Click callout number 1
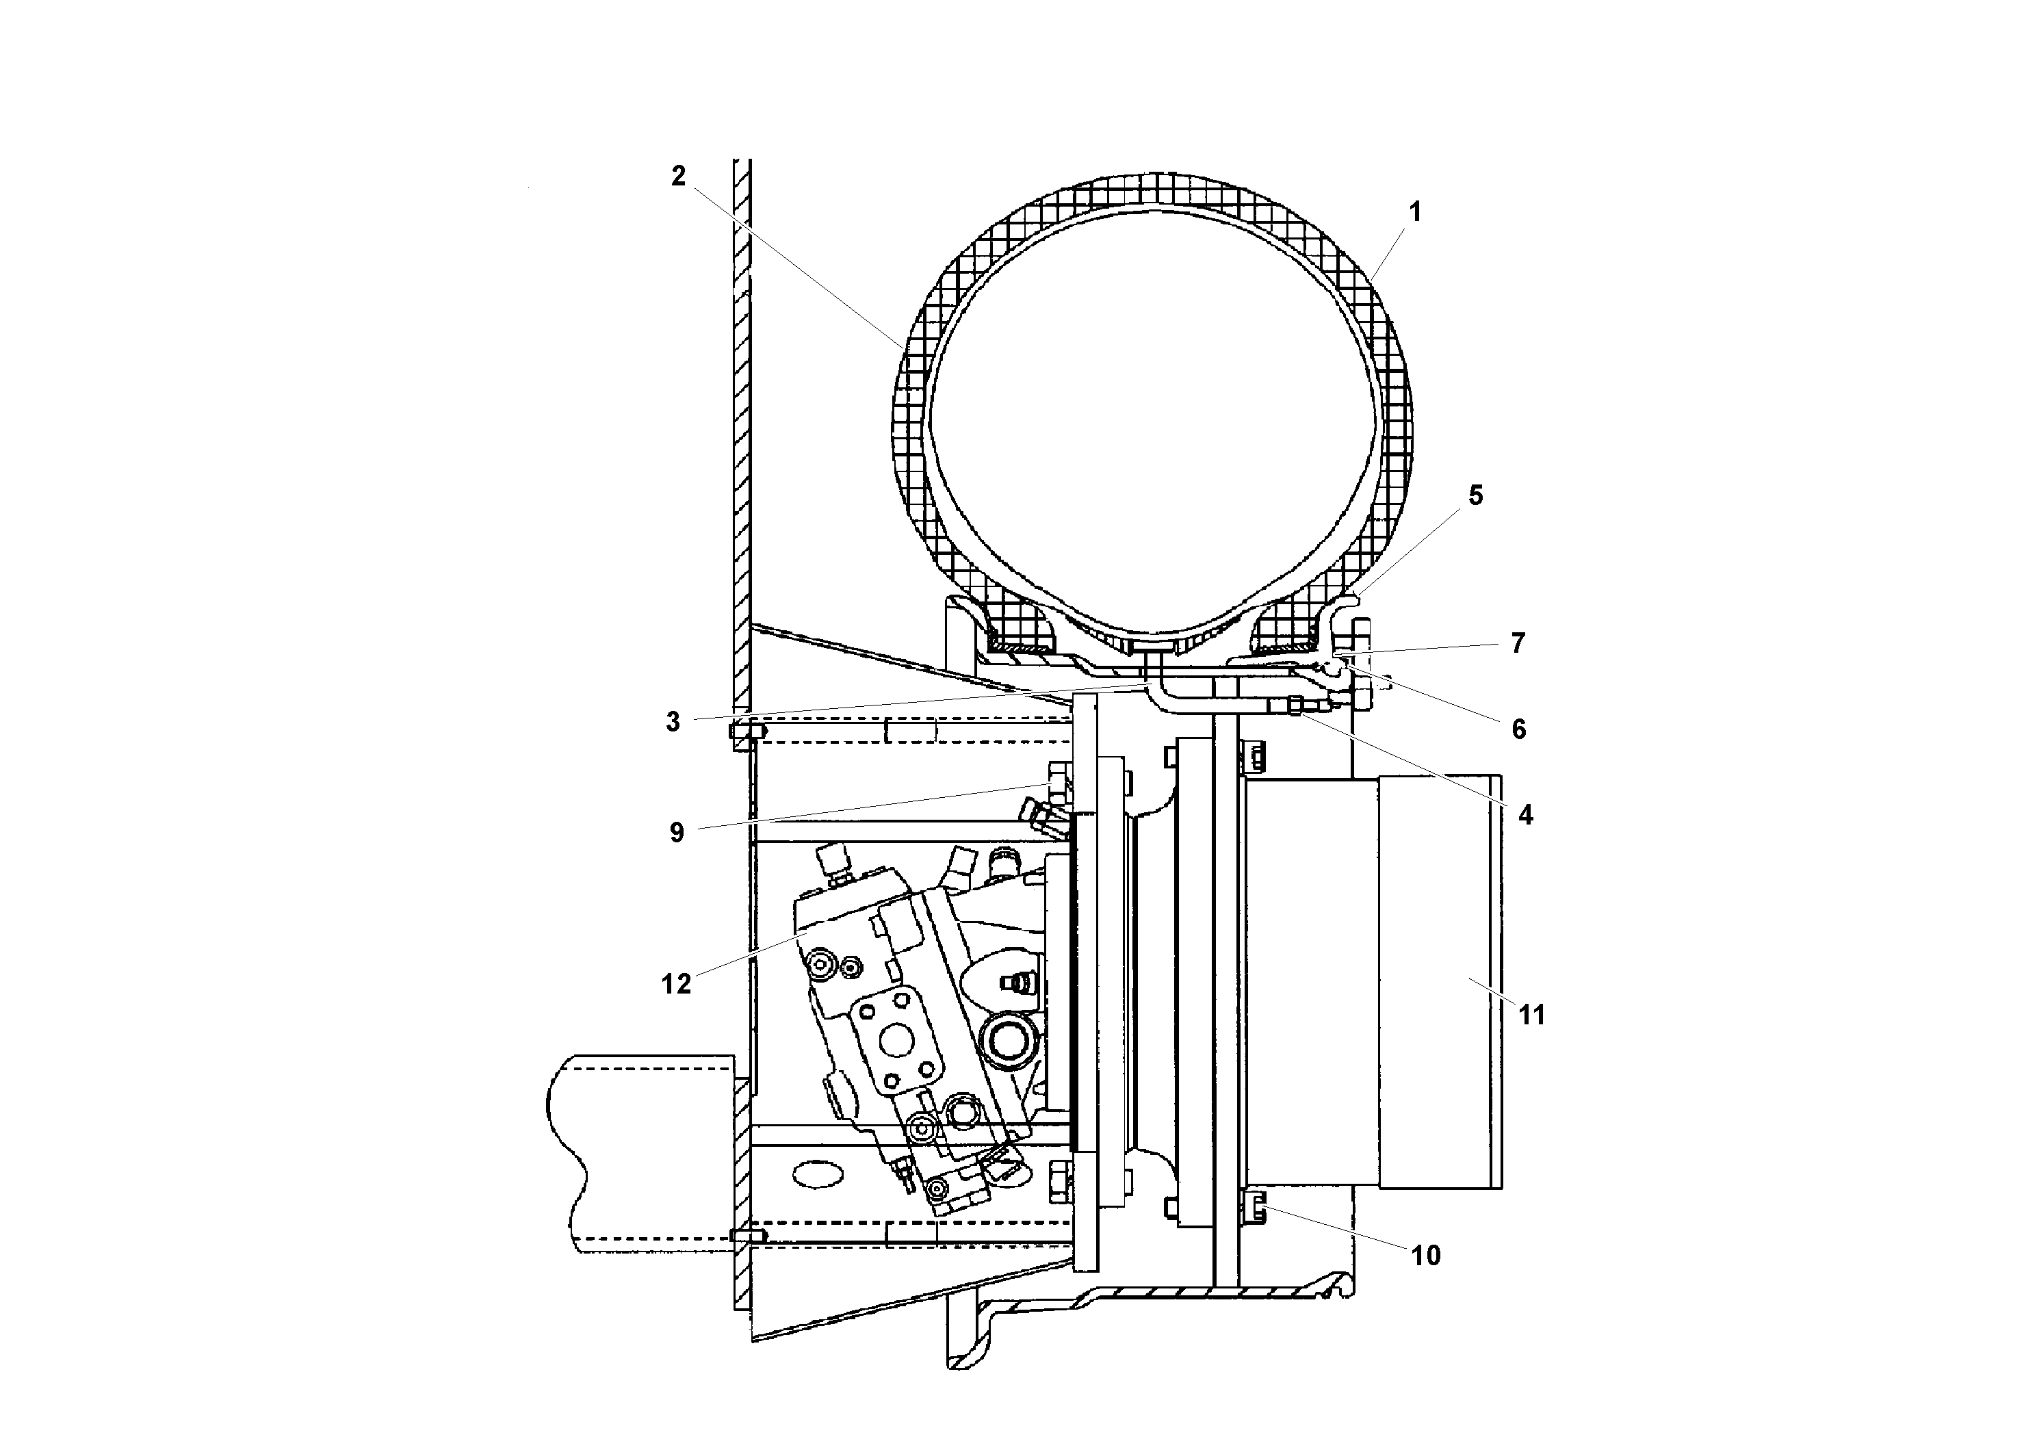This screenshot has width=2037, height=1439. (1415, 212)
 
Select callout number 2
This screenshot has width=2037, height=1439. (678, 177)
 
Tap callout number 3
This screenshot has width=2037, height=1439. (673, 722)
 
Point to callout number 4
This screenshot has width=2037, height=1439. (1525, 814)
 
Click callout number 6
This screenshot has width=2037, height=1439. (1518, 729)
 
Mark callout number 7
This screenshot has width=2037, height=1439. (1518, 643)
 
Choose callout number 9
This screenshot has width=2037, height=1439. (677, 832)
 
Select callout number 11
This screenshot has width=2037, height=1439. (1532, 1014)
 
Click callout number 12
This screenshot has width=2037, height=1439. (676, 984)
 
